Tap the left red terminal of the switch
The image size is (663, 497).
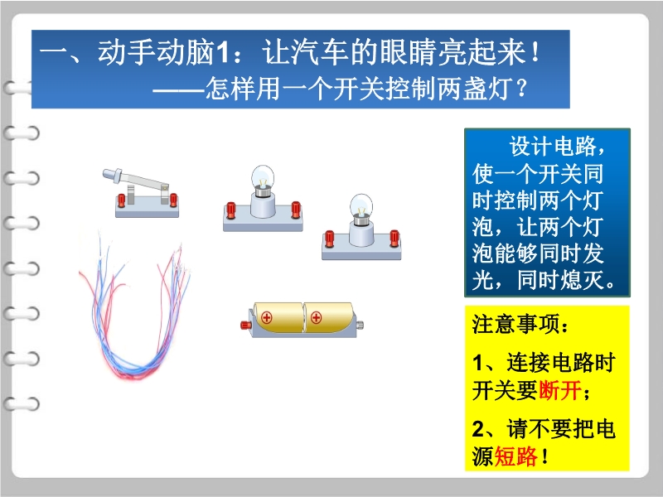tap(121, 200)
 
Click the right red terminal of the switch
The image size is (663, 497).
tap(173, 200)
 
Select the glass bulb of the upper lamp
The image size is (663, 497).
tap(263, 178)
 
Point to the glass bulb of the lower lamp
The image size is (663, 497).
tap(361, 207)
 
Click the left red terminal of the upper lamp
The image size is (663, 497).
tap(231, 210)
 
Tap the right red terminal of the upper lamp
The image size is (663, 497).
tap(296, 210)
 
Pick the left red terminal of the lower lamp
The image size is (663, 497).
tap(329, 239)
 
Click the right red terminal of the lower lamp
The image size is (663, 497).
tap(394, 238)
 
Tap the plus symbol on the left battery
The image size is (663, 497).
tap(266, 317)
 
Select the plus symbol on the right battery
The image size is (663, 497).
tap(316, 317)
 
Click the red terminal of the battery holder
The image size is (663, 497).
tap(245, 325)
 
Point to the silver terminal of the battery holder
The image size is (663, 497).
tap(361, 325)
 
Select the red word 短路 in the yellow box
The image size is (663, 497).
tap(515, 456)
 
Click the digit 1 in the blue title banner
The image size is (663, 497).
tap(222, 54)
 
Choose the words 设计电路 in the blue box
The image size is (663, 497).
tap(553, 147)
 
